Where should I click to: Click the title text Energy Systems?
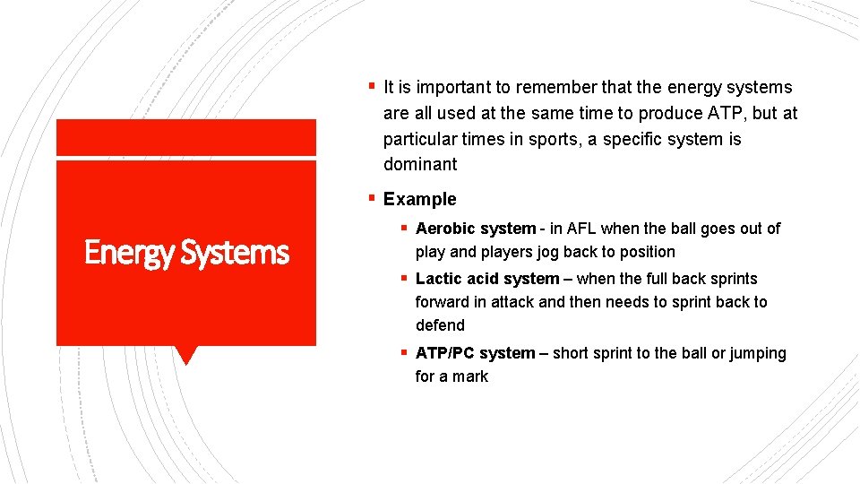(186, 254)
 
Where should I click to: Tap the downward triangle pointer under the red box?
(185, 355)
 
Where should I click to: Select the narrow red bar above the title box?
(186, 137)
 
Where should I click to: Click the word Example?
(419, 199)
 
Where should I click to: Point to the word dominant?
(420, 164)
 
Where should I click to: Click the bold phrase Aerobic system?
(476, 229)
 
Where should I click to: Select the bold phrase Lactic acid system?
(487, 279)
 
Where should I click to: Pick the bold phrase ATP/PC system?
(475, 353)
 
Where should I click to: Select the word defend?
(440, 325)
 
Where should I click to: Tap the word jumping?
(758, 353)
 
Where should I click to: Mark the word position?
(644, 252)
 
